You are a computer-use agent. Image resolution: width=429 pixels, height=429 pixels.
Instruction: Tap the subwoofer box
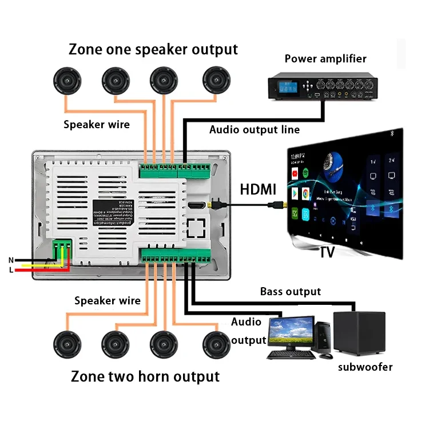coord(359,333)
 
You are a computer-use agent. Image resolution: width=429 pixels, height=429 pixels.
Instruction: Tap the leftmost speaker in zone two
coord(68,345)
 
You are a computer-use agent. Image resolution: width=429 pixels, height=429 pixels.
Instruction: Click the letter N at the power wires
coord(11,260)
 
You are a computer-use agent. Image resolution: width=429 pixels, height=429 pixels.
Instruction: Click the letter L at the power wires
coord(11,270)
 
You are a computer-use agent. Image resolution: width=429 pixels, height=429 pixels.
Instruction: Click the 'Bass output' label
coord(291,292)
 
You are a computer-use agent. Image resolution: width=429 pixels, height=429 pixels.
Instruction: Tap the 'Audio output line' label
coord(254,129)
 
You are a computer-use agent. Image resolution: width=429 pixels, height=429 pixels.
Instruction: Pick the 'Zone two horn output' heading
coord(145,376)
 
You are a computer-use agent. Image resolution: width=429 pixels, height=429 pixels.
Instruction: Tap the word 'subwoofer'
coord(366,367)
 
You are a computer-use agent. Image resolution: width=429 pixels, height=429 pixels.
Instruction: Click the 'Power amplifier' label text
coord(325,58)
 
